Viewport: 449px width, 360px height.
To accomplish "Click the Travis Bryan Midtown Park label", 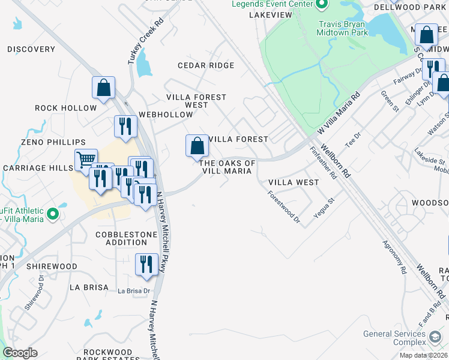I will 342,28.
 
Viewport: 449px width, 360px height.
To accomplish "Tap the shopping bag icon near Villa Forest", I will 197,146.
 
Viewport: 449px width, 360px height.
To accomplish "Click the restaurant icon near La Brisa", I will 146,265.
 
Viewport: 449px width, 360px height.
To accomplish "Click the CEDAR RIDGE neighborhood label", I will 206,65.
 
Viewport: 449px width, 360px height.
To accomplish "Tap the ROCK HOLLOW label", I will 65,108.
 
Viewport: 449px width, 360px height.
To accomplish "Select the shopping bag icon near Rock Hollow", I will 103,88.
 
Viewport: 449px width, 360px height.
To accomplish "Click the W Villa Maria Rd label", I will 339,113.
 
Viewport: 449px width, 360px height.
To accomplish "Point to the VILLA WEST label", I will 294,182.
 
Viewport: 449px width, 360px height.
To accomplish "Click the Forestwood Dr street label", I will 284,207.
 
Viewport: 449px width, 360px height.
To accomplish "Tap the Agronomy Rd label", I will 394,257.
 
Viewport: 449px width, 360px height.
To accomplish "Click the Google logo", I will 20,353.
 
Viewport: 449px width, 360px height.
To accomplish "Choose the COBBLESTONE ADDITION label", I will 121,238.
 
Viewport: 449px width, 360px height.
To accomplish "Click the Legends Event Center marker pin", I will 322,4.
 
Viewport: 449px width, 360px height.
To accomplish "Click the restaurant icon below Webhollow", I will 125,127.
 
